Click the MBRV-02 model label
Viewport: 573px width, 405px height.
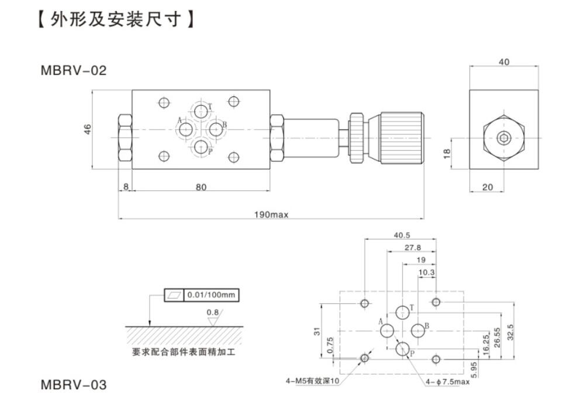[x=74, y=71]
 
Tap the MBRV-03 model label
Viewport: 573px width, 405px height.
[x=74, y=385]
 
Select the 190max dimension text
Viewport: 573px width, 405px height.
[x=271, y=214]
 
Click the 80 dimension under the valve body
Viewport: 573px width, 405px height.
[x=201, y=187]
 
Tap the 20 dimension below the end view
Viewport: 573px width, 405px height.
[x=487, y=187]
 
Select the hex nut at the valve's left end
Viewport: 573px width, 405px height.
[x=125, y=138]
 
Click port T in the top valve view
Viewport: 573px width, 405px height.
[x=201, y=110]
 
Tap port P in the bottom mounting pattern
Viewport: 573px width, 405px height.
[x=402, y=349]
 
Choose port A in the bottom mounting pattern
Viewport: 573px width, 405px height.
[x=387, y=331]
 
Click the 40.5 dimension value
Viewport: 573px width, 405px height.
[x=401, y=236]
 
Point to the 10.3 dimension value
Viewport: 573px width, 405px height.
[x=426, y=272]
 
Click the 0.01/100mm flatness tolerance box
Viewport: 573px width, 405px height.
[x=212, y=295]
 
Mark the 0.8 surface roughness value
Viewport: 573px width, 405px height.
[x=212, y=312]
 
